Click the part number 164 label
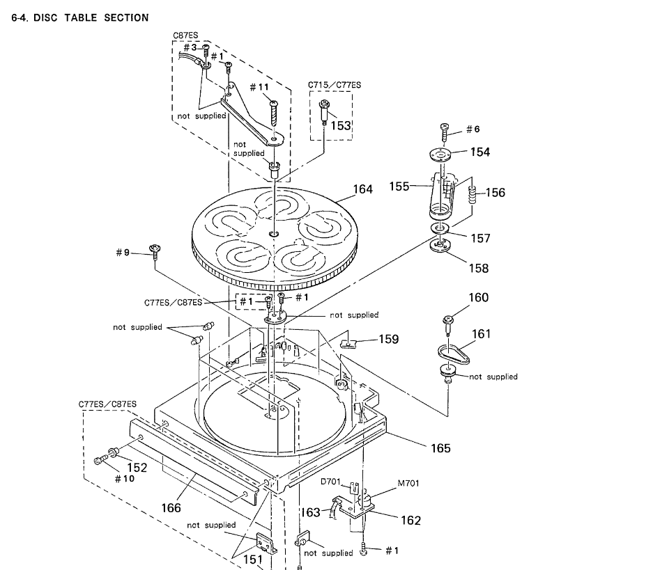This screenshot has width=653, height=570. pos(362,189)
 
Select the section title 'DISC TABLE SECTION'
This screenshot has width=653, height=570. pos(91,17)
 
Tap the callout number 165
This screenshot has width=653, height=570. pos(440,448)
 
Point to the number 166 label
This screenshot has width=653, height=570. pos(171,507)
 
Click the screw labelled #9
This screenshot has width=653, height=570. pos(155,252)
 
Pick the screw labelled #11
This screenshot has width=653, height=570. pos(274,113)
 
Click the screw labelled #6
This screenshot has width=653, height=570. pos(445,132)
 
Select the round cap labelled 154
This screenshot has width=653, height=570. pos(440,155)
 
